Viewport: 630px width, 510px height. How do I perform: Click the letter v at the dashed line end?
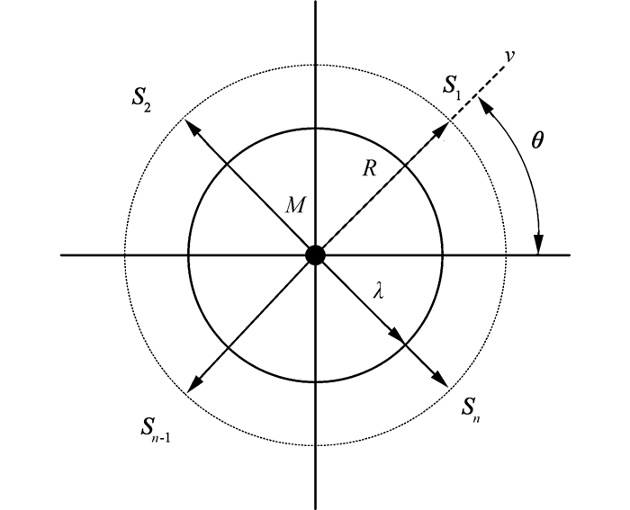(509, 55)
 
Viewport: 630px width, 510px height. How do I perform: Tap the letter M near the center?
(293, 206)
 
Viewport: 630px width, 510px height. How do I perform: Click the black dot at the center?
(314, 255)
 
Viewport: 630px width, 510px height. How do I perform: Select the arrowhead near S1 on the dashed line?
(442, 131)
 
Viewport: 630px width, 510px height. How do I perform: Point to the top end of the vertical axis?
(315, 4)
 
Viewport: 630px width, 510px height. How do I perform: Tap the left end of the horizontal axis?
(61, 255)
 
